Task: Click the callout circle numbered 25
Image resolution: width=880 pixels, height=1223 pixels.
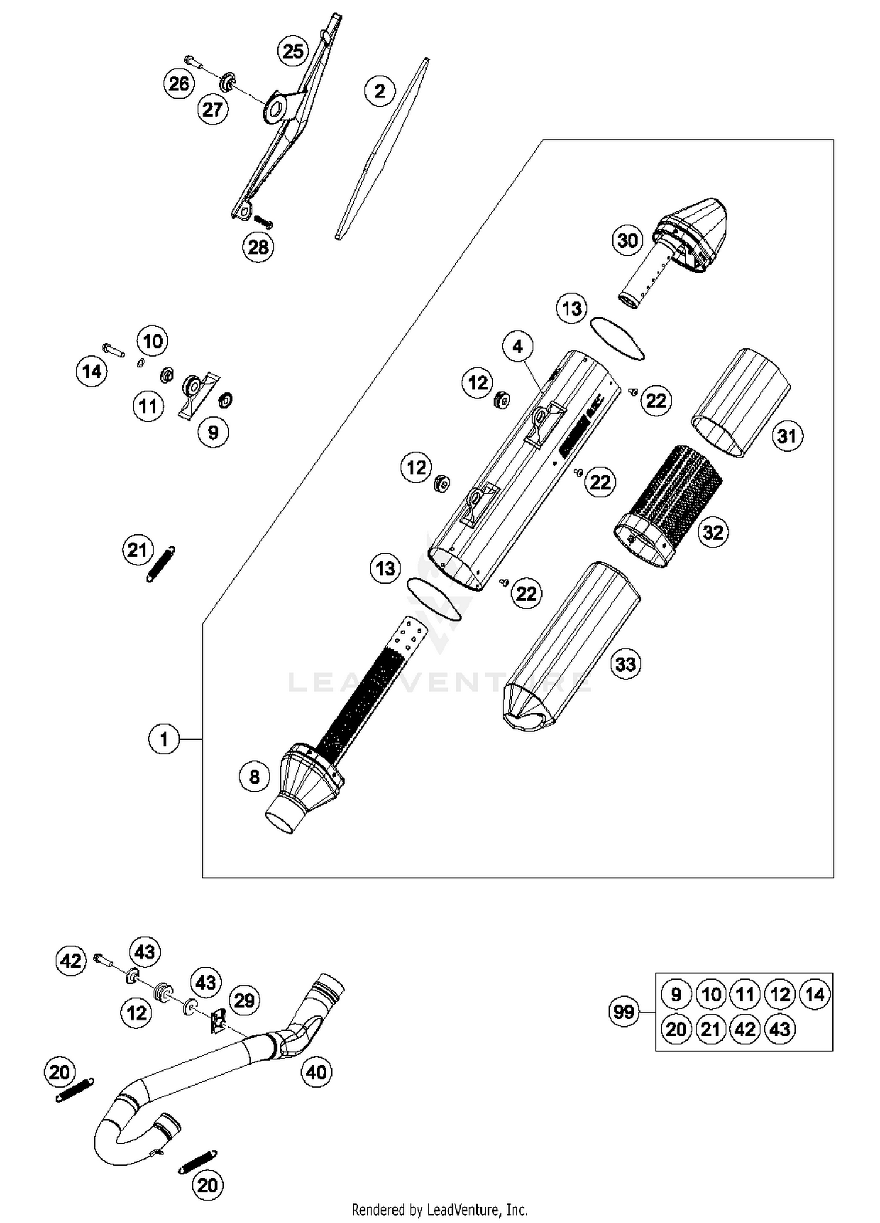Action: pyautogui.click(x=293, y=52)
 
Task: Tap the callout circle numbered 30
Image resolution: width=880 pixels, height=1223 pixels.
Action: pyautogui.click(x=628, y=240)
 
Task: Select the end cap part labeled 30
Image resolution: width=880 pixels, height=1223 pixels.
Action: pyautogui.click(x=692, y=235)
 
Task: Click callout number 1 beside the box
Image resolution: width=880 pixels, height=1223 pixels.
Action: pyautogui.click(x=164, y=739)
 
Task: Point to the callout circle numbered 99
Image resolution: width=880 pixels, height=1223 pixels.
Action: pyautogui.click(x=624, y=1012)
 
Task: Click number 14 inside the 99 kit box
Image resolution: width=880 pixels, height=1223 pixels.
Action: pyautogui.click(x=815, y=994)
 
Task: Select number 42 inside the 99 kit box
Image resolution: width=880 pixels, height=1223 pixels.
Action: pyautogui.click(x=745, y=1029)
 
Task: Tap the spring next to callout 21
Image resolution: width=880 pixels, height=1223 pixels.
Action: pyautogui.click(x=160, y=564)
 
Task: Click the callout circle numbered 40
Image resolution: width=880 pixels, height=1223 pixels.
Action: pyautogui.click(x=316, y=1072)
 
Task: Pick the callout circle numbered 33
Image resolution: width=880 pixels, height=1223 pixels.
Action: pyautogui.click(x=625, y=665)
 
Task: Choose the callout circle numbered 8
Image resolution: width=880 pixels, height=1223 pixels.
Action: pyautogui.click(x=254, y=777)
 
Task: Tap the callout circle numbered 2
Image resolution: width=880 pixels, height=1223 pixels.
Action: pyautogui.click(x=380, y=91)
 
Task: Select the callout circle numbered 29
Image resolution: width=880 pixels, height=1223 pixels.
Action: pyautogui.click(x=244, y=1000)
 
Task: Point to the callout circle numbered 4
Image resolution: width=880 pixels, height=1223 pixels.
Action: pyautogui.click(x=517, y=347)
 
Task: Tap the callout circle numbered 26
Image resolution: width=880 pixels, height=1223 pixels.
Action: pyautogui.click(x=179, y=84)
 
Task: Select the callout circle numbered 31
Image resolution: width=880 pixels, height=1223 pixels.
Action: pyautogui.click(x=787, y=436)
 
